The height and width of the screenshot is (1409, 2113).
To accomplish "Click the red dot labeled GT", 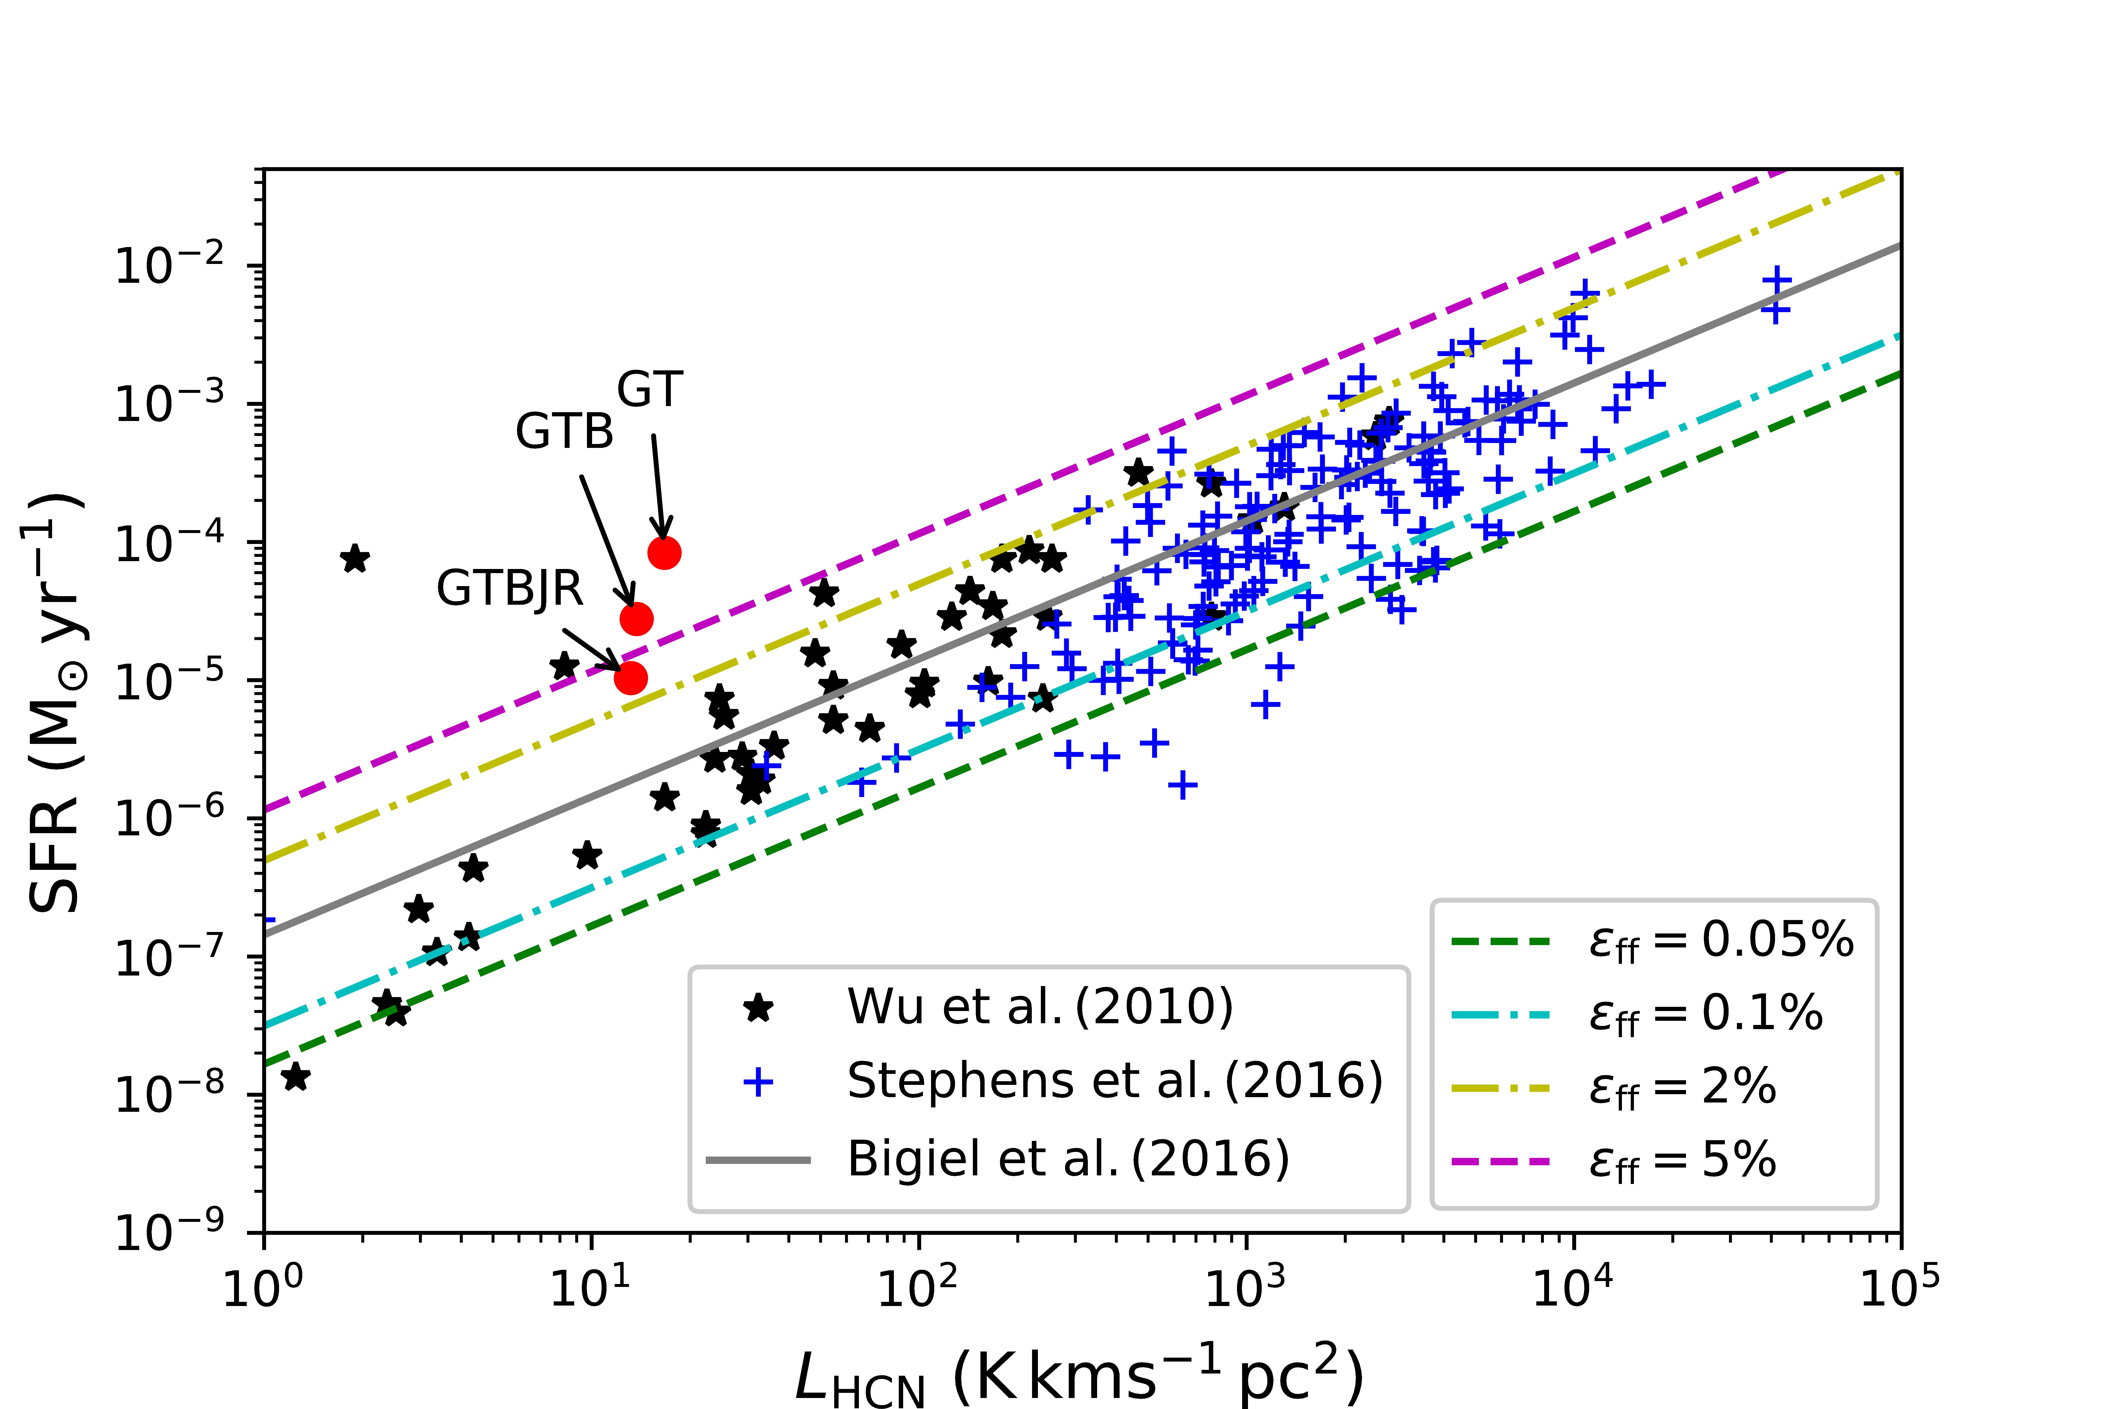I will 664,553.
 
